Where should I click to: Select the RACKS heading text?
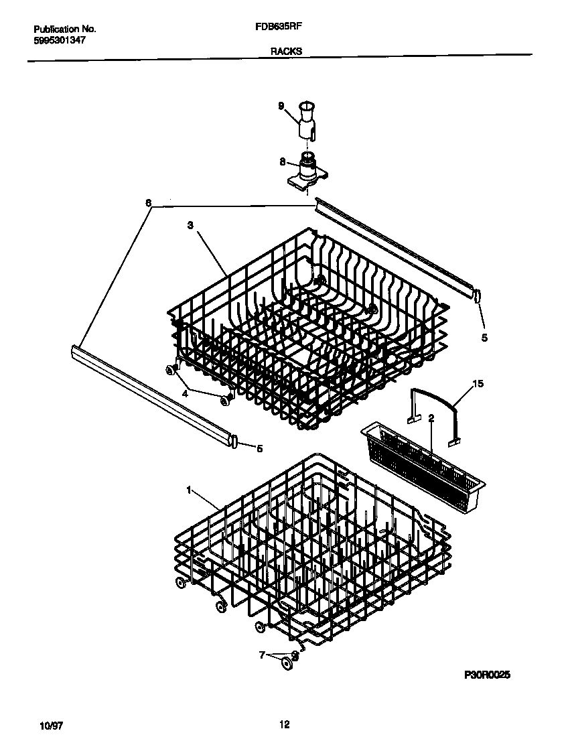[x=286, y=51]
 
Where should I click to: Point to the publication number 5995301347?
[x=60, y=40]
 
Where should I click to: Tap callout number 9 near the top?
[x=281, y=105]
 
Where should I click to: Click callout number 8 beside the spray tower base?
[x=283, y=161]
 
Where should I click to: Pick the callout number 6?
[x=149, y=202]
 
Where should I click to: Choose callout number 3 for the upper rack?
[x=190, y=226]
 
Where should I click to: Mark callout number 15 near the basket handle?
[x=478, y=384]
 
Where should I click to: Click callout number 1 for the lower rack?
[x=190, y=490]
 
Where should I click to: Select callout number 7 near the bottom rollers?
[x=263, y=654]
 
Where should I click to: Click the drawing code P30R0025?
[x=488, y=677]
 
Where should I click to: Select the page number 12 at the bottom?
[x=284, y=724]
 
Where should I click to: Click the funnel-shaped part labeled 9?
[x=307, y=119]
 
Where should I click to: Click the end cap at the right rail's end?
[x=477, y=295]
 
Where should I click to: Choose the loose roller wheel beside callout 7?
[x=287, y=663]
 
